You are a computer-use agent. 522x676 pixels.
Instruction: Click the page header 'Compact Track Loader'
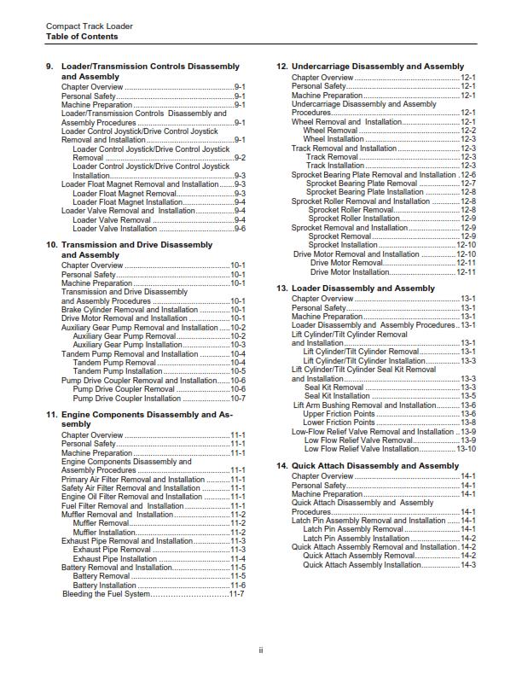(x=89, y=26)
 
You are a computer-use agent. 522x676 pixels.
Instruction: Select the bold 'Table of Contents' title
(x=82, y=37)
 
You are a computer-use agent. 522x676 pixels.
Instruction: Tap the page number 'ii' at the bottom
(x=261, y=650)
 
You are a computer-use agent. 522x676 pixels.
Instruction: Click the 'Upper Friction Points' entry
(x=339, y=414)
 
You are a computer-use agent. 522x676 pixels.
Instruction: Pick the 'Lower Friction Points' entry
(x=339, y=422)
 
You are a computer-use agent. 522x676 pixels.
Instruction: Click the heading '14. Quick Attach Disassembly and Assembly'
(x=368, y=466)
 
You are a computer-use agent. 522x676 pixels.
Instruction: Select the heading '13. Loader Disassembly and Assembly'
(x=356, y=288)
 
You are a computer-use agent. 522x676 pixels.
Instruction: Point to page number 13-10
(x=466, y=449)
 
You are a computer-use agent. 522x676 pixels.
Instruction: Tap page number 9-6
(x=240, y=229)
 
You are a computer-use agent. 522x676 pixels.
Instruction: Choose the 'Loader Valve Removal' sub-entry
(x=112, y=220)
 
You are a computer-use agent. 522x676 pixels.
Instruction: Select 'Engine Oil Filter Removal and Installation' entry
(x=131, y=497)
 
